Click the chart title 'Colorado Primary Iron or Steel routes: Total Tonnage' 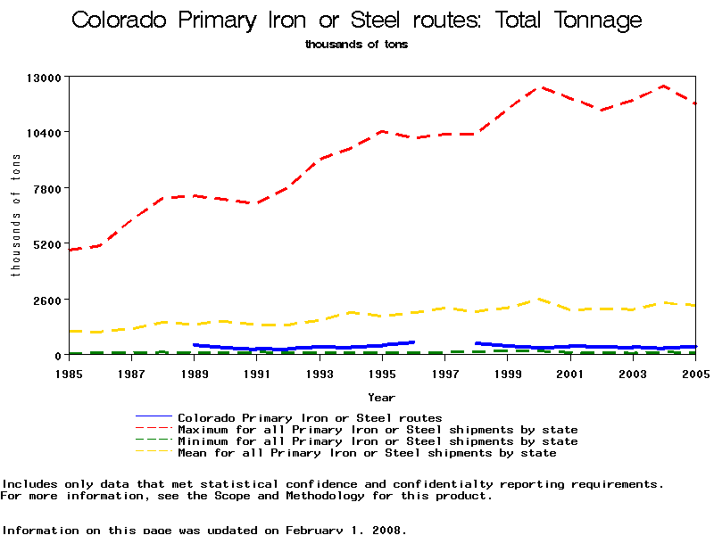[x=356, y=21]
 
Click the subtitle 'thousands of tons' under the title [x=356, y=44]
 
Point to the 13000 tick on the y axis [x=43, y=78]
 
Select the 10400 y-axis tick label [x=43, y=133]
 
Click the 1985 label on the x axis [x=69, y=373]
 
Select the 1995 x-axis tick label [x=382, y=373]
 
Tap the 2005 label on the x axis [x=695, y=373]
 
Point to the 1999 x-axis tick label [x=508, y=373]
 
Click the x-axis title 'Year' [x=382, y=396]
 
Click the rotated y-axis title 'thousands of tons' [x=16, y=214]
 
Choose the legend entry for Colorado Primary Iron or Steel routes [x=310, y=417]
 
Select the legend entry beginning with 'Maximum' [x=378, y=430]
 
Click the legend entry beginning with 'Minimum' [x=378, y=441]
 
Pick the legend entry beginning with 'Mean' [x=367, y=453]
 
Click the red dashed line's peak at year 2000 [x=539, y=87]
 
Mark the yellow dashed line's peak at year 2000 [x=539, y=300]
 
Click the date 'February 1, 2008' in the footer [x=345, y=530]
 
